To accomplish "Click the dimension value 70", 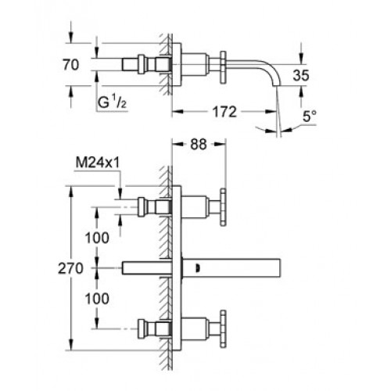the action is (70, 65).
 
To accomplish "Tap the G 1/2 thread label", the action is (112, 102).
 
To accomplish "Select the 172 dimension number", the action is (224, 112).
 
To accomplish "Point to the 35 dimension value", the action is (301, 75).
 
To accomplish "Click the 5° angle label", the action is (310, 117).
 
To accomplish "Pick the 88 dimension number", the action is (199, 144).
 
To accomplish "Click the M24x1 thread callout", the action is (98, 163).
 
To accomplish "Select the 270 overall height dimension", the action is (70, 268).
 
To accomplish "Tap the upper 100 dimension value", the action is (97, 238).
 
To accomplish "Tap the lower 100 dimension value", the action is (97, 299).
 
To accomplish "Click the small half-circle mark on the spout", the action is (197, 268).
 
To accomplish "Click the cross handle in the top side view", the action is (223, 67).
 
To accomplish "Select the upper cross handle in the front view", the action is (223, 207).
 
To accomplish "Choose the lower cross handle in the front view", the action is (223, 328).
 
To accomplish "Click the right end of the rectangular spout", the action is (280, 268).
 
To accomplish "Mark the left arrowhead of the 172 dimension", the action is (178, 112).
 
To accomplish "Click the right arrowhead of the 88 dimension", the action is (220, 144).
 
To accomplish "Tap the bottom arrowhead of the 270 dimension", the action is (70, 345).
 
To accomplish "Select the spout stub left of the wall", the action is (147, 268).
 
